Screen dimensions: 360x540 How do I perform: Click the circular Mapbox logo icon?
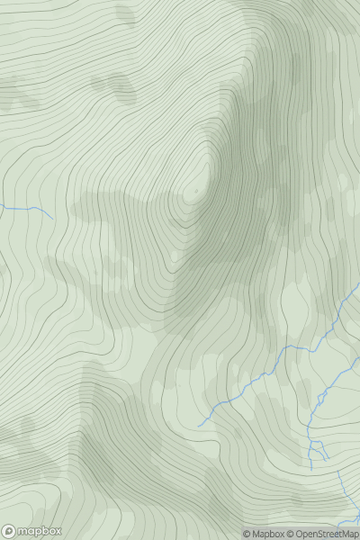[x=9, y=531]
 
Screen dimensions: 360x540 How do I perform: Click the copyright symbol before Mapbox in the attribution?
[x=247, y=534]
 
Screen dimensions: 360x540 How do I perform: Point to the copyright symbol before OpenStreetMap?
[x=292, y=534]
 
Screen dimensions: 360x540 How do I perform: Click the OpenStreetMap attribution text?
[x=327, y=534]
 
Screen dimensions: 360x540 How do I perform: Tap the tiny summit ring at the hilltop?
[x=195, y=192]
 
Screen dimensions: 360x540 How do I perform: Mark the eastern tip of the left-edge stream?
[x=52, y=217]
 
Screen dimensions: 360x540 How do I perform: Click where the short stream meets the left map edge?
[x=1, y=206]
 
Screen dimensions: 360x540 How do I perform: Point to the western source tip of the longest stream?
[x=198, y=425]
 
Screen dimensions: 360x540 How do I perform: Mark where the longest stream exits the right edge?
[x=359, y=285]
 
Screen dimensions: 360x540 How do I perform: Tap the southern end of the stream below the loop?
[x=312, y=471]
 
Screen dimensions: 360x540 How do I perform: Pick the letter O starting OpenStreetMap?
[x=301, y=534]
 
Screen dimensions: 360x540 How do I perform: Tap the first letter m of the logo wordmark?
[x=22, y=531]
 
